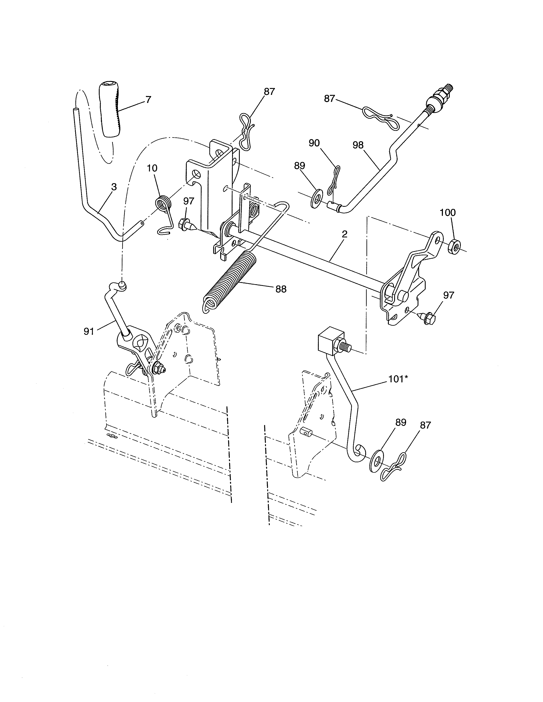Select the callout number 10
pos(152,168)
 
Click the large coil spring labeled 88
pos(229,280)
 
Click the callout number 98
pos(358,145)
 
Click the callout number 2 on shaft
pos(345,234)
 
